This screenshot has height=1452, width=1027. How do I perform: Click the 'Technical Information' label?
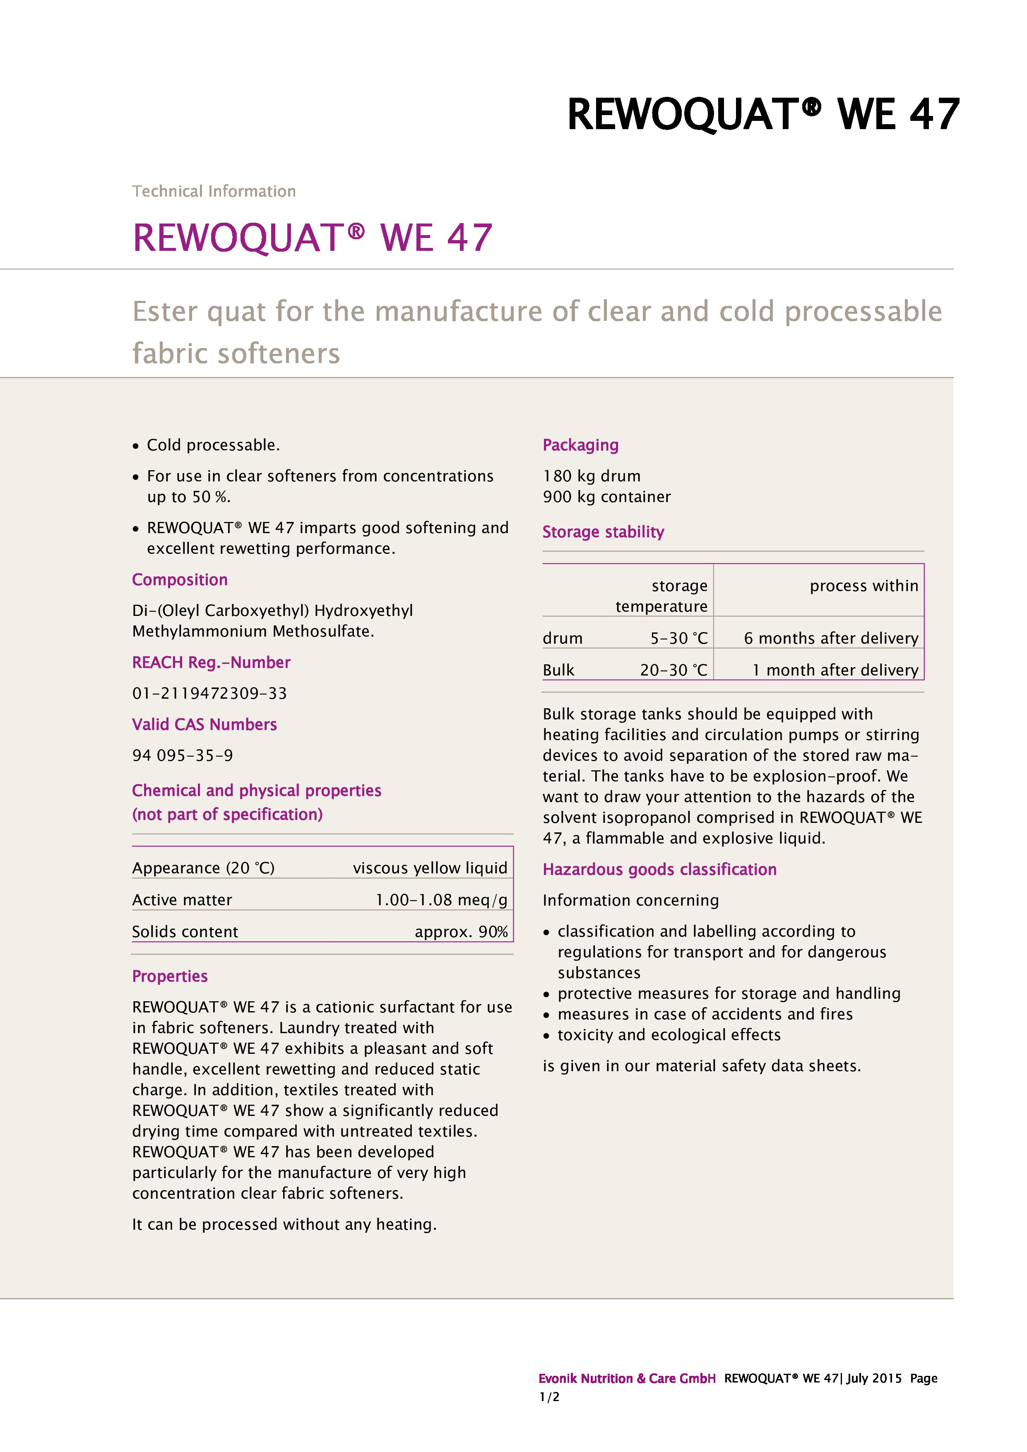point(214,191)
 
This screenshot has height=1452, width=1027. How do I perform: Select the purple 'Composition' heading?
point(180,579)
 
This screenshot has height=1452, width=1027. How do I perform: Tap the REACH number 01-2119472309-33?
point(209,693)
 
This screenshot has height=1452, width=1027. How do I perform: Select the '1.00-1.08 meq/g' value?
point(441,899)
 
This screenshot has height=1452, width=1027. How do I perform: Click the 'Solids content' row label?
point(185,932)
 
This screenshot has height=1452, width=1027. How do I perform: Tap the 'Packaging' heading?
point(580,445)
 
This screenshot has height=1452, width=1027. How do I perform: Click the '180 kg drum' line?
point(591,476)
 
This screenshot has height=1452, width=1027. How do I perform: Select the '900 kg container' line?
point(606,496)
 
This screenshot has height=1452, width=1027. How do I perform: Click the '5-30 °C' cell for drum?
point(678,638)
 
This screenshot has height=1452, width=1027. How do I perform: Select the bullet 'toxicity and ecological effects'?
point(669,1035)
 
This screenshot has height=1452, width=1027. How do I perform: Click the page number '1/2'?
point(549,1397)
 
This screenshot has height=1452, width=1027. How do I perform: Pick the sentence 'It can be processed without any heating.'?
point(284,1224)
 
